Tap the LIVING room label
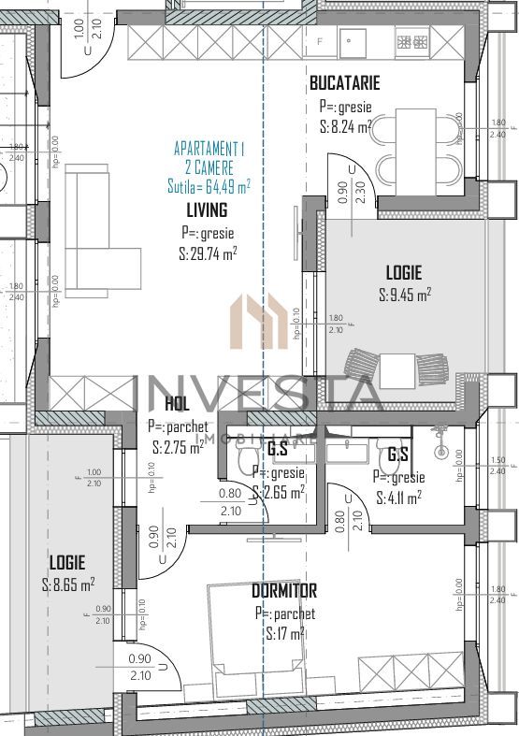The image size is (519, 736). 207,210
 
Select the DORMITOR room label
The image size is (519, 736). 284,591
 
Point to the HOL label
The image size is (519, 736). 177,404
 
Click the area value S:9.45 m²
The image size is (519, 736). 405,295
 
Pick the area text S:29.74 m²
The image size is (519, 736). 208,253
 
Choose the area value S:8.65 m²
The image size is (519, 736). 68,585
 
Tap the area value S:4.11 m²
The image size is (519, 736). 398,498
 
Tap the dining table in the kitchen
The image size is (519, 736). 415,140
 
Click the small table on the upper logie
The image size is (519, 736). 397,368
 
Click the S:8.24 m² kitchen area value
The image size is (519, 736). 345,127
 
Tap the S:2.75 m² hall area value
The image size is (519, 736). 178,447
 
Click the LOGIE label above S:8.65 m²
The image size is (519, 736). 67,563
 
